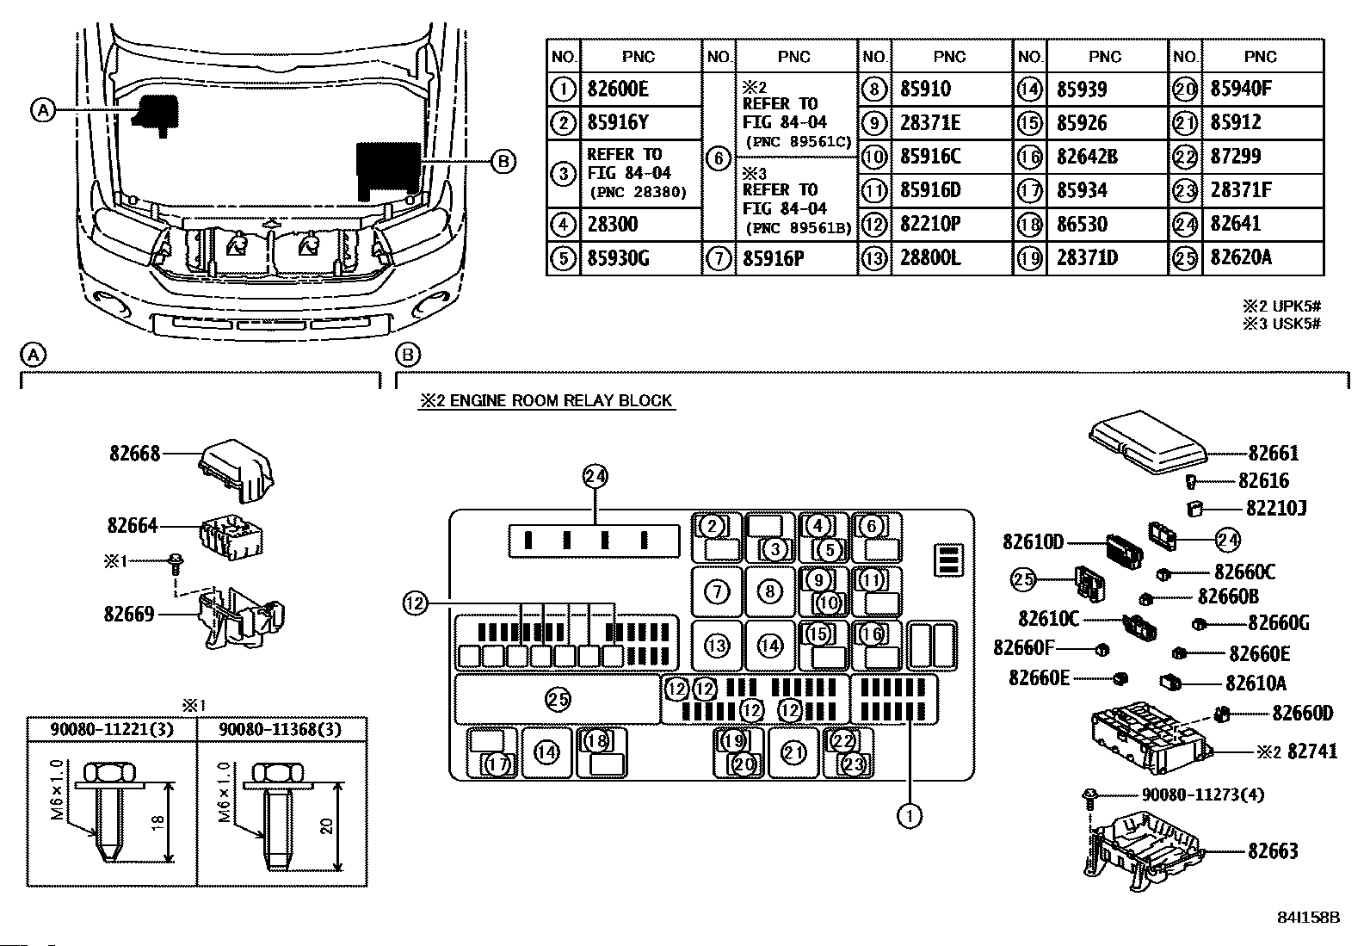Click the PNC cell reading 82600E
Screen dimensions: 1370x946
(x=618, y=90)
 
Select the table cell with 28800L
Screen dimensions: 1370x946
(x=930, y=257)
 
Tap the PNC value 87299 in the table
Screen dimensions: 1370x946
(x=1236, y=156)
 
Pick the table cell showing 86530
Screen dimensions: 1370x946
(x=1082, y=224)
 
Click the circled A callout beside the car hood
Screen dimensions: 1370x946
(x=43, y=111)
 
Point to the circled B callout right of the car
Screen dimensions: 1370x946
(x=503, y=162)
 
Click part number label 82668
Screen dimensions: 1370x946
(x=134, y=454)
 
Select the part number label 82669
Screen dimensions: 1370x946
(x=129, y=614)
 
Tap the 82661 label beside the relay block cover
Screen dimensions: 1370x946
(x=1274, y=454)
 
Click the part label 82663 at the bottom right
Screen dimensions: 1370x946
(x=1273, y=851)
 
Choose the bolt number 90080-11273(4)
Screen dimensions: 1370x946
(x=1203, y=795)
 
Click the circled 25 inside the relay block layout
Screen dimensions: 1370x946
(x=558, y=700)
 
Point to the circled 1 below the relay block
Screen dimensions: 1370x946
(x=910, y=816)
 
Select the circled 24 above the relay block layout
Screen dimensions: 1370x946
(x=596, y=476)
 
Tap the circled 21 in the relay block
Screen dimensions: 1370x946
(x=793, y=753)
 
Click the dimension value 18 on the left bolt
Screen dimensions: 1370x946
(x=157, y=821)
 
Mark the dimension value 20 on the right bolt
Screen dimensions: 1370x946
(x=327, y=826)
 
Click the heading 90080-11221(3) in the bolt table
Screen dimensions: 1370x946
(x=111, y=729)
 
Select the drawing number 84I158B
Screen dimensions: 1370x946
(x=1308, y=918)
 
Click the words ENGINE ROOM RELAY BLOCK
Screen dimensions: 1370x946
(x=561, y=401)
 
